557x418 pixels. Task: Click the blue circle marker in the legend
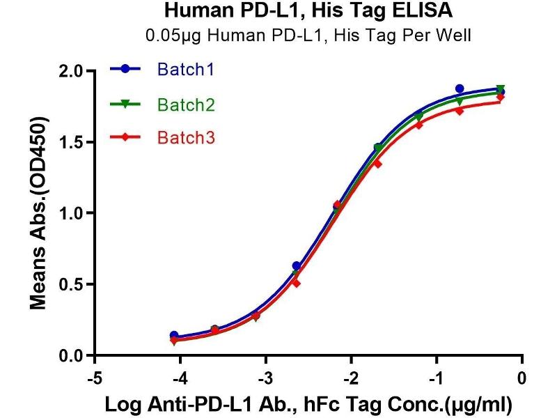pyautogui.click(x=125, y=69)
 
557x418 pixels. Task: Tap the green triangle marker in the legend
pyautogui.click(x=125, y=104)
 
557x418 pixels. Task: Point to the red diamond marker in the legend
pyautogui.click(x=125, y=137)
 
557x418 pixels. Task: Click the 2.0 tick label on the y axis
pyautogui.click(x=72, y=71)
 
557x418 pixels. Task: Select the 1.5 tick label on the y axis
pyautogui.click(x=72, y=142)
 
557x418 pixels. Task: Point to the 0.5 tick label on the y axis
pyautogui.click(x=72, y=284)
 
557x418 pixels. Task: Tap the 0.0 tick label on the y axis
pyautogui.click(x=72, y=355)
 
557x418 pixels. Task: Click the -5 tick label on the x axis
pyautogui.click(x=94, y=380)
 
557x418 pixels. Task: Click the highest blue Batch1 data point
pyautogui.click(x=460, y=88)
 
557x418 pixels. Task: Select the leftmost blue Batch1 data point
pyautogui.click(x=174, y=335)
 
